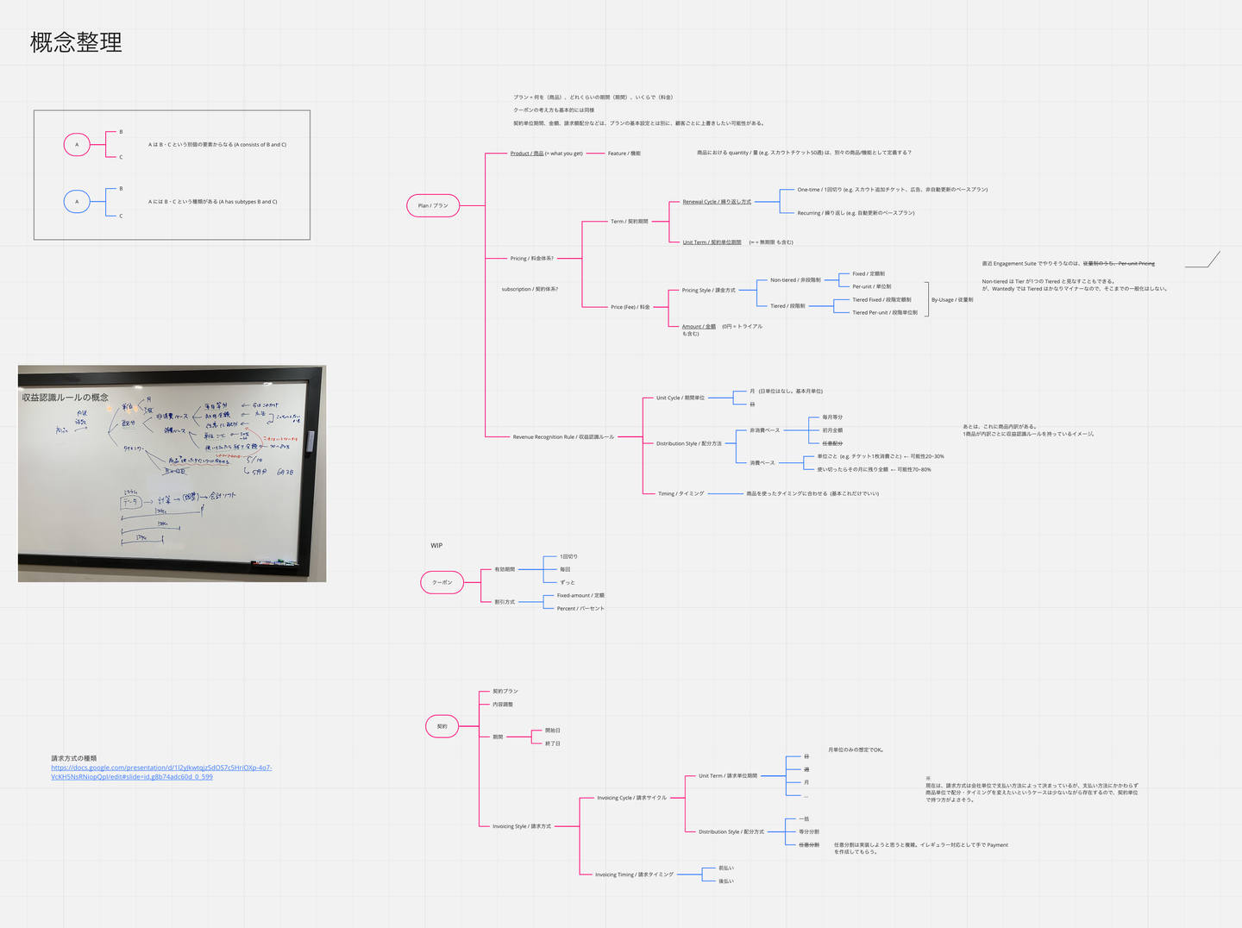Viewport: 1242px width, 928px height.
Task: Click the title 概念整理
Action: point(76,42)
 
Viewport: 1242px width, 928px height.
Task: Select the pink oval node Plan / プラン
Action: point(433,205)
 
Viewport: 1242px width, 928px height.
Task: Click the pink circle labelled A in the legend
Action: point(77,145)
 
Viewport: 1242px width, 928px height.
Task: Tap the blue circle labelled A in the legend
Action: point(77,202)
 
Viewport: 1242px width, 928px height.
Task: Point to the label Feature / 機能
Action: point(624,154)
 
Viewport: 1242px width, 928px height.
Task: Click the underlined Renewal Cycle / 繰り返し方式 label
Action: point(716,202)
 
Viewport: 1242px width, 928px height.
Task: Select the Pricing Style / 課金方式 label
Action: point(708,291)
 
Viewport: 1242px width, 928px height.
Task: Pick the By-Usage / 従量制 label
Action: point(951,300)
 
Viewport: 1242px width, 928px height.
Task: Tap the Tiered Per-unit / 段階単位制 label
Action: point(884,313)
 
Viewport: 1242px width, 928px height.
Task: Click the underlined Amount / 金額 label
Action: point(699,327)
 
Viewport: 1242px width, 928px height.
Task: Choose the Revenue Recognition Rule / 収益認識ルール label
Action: point(563,437)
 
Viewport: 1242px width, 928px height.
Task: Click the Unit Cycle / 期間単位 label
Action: point(680,398)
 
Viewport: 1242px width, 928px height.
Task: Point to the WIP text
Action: point(436,546)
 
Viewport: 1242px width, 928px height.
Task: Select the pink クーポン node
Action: point(442,583)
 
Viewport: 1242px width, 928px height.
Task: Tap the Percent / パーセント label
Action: point(580,609)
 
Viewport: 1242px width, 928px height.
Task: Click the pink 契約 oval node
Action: point(442,726)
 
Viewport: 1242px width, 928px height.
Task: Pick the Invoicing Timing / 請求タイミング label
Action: point(634,875)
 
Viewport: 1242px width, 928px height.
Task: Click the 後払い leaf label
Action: point(726,881)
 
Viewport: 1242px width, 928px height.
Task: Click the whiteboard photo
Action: point(172,473)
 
